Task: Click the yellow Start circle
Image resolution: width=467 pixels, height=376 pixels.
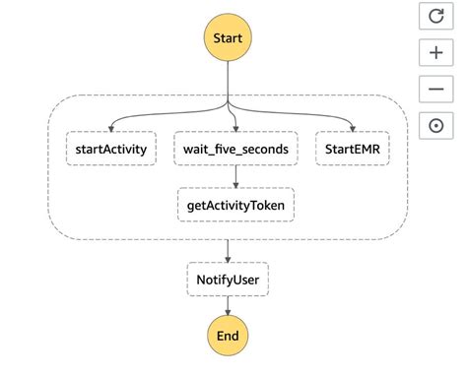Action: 228,38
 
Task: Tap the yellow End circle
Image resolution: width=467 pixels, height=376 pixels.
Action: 228,336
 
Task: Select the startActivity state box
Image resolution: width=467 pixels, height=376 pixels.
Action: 111,150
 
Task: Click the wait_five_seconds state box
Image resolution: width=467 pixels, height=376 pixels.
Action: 235,150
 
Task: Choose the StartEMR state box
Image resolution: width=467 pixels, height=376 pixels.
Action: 352,150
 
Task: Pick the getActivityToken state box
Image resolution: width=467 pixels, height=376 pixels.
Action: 235,205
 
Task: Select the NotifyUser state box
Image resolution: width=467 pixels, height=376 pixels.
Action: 228,281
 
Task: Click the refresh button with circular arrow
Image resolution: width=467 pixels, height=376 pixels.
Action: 435,17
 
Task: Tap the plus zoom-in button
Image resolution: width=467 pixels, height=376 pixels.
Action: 435,53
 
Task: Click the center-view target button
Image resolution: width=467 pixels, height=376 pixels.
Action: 435,125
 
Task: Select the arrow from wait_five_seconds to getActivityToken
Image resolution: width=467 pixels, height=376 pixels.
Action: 235,177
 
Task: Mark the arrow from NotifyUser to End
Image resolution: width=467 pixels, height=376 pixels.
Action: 228,306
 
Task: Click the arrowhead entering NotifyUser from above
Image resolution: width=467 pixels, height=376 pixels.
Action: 228,259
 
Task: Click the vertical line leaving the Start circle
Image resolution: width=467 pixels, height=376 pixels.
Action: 228,79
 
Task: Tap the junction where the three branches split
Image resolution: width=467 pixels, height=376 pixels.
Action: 228,104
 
